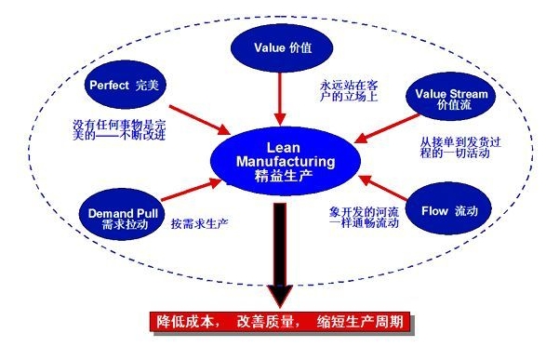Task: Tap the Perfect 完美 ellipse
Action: [128, 84]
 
